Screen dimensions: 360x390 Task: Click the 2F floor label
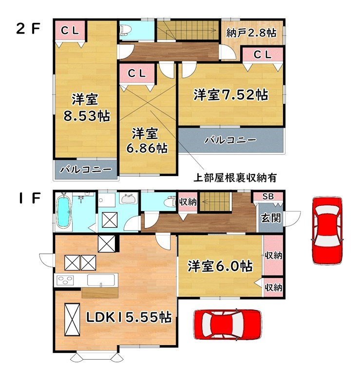click(28, 29)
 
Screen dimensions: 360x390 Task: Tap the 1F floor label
click(29, 198)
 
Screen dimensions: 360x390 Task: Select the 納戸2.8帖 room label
click(251, 33)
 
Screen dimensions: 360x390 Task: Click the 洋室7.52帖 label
click(231, 95)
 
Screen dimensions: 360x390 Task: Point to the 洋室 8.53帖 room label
click(86, 107)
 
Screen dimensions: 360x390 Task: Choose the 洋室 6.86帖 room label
click(147, 141)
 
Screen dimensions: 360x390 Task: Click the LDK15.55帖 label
click(129, 317)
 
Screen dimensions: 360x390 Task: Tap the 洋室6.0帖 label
click(220, 266)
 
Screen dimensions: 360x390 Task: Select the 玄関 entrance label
click(271, 218)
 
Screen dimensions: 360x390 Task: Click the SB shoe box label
click(268, 196)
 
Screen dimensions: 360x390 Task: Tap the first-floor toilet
click(171, 202)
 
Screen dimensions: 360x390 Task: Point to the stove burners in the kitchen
click(65, 280)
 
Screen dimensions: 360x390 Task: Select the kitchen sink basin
click(101, 280)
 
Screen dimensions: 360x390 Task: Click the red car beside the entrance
click(327, 230)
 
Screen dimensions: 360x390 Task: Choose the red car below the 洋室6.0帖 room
click(227, 324)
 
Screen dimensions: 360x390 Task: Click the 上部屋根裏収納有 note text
click(235, 177)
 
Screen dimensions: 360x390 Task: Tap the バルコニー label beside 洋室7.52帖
click(230, 140)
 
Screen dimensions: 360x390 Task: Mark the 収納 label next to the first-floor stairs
click(188, 202)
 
